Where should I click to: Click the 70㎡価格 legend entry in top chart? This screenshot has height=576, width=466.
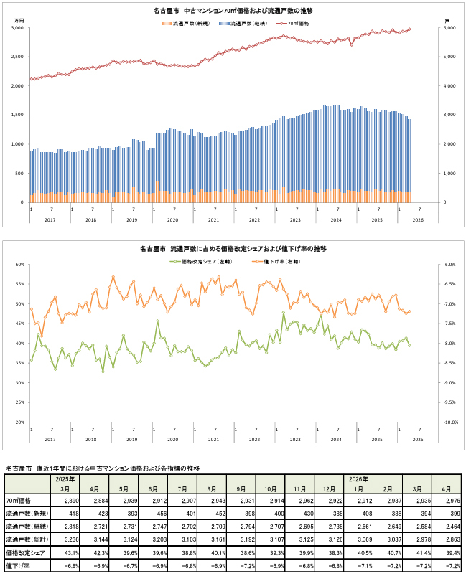click(293, 23)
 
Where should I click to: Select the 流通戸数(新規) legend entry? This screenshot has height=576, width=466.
click(185, 23)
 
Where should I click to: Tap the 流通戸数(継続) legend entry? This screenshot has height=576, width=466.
click(243, 23)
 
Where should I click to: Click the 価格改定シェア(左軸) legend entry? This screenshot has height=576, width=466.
click(201, 262)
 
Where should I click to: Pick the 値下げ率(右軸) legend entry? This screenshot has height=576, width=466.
click(276, 262)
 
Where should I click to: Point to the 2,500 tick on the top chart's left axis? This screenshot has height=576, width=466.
click(17, 57)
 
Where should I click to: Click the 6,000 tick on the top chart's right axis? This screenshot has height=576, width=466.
click(449, 28)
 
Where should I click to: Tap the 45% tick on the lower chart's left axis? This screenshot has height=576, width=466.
click(20, 324)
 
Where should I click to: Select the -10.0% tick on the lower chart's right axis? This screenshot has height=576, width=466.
click(451, 422)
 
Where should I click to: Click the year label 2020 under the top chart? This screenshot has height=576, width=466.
click(172, 220)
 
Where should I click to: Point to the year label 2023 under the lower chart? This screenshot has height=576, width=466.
click(295, 439)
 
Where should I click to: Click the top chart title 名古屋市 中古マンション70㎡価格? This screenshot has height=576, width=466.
click(233, 11)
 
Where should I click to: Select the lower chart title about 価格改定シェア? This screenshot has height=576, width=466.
click(233, 249)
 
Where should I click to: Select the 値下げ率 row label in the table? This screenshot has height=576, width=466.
click(18, 566)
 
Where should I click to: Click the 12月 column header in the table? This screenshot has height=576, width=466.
click(329, 489)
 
